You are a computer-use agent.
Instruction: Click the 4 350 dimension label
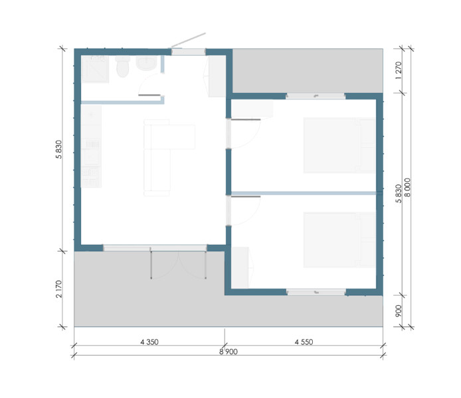149,342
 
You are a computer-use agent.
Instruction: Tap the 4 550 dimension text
304,342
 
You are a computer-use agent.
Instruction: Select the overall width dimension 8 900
228,352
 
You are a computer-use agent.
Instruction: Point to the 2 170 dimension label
59,289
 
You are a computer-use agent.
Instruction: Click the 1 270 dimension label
399,70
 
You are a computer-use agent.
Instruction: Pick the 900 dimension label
399,311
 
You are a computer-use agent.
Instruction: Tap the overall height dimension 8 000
407,188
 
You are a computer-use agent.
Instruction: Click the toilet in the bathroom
123,66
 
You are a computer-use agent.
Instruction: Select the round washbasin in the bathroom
146,64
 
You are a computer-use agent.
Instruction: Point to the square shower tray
95,69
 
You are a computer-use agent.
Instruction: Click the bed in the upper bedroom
339,145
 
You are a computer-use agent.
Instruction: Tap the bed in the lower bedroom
339,240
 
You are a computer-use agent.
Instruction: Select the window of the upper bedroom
316,96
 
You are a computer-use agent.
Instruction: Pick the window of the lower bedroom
316,292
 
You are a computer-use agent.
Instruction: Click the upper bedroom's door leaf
246,119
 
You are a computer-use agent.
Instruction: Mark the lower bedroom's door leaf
246,196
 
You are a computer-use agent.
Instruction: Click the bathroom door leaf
149,95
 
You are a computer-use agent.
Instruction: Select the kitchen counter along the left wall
91,147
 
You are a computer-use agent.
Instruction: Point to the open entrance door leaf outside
188,40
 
